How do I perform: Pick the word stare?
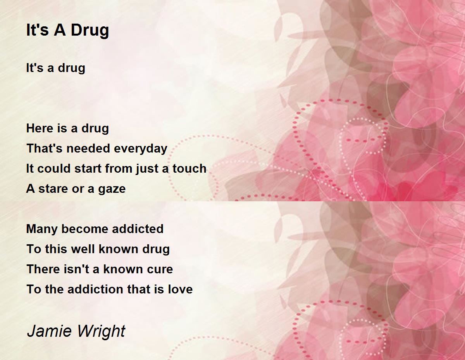pyautogui.click(x=50, y=189)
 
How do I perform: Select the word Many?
pyautogui.click(x=42, y=229)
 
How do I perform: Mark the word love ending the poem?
pyautogui.click(x=180, y=290)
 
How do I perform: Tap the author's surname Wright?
pyautogui.click(x=101, y=331)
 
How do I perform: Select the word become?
pyautogui.click(x=85, y=229)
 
